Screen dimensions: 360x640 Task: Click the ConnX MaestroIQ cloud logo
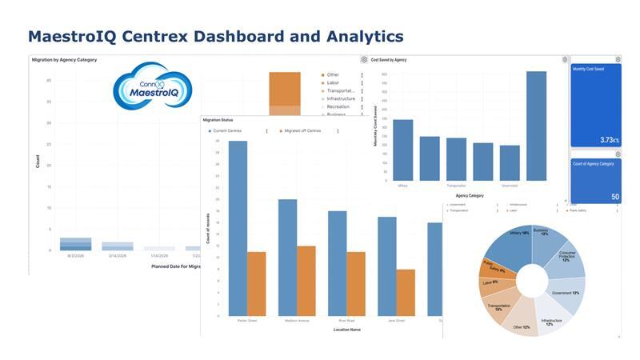tap(152, 87)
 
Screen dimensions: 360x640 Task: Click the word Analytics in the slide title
tap(364, 36)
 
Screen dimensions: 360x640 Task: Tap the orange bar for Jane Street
tap(406, 293)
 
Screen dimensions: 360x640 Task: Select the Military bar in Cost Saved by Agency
tap(403, 150)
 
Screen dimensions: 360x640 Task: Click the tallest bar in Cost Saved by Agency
tap(536, 126)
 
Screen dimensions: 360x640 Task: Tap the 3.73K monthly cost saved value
tap(608, 140)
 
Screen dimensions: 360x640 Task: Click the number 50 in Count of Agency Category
tap(614, 197)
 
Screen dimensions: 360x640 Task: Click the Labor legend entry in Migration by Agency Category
tap(333, 83)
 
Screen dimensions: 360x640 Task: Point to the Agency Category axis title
tap(470, 195)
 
